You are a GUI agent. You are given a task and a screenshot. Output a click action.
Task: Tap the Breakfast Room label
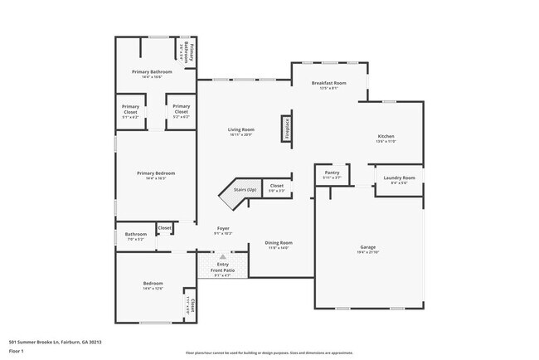click(x=328, y=84)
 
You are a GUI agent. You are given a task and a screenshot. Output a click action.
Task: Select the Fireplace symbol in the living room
click(x=286, y=128)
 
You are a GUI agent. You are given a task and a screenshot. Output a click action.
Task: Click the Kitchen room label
click(x=386, y=136)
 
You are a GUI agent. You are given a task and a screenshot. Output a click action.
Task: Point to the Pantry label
click(x=332, y=173)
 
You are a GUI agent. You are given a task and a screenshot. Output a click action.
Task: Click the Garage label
click(x=367, y=247)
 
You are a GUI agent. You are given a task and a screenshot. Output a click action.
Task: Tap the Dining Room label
click(x=279, y=242)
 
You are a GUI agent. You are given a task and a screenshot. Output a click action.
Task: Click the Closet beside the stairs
click(x=276, y=187)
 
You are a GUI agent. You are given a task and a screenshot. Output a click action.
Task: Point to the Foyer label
click(x=223, y=228)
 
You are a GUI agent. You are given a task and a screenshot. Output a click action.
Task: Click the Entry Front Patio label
click(x=223, y=268)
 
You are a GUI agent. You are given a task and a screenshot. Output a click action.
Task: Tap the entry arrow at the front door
click(x=222, y=256)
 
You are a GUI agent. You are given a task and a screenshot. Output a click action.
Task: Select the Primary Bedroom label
click(x=156, y=173)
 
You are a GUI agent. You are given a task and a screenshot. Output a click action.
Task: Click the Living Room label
click(x=241, y=129)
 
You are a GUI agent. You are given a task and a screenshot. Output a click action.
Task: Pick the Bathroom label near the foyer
click(x=135, y=234)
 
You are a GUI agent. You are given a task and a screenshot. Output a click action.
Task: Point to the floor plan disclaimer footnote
click(x=269, y=352)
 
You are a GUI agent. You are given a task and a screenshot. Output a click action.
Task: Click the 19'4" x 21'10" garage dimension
click(x=367, y=252)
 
